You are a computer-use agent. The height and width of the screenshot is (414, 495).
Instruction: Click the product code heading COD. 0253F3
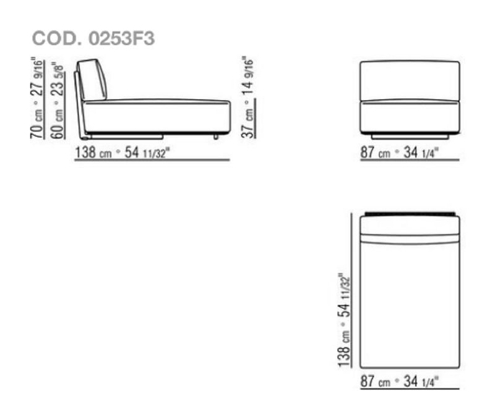(x=93, y=38)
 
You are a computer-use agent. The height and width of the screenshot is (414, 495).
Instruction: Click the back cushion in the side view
(x=92, y=80)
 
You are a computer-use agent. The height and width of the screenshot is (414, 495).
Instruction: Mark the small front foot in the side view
(x=216, y=137)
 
